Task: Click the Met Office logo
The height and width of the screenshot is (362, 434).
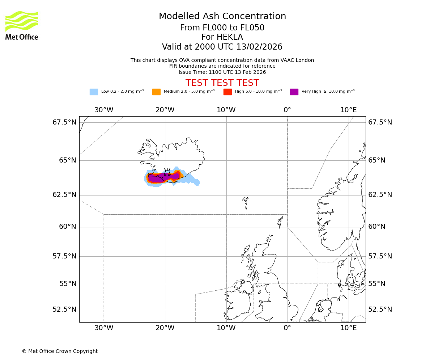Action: click(x=22, y=25)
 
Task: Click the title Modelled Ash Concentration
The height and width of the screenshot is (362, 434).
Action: click(x=222, y=17)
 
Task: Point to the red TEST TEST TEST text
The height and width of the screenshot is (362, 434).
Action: click(x=222, y=83)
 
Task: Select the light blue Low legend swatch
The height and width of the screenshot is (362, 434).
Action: click(x=94, y=92)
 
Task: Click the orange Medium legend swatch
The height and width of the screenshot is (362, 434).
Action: click(x=156, y=92)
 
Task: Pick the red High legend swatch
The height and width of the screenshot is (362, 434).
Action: click(x=227, y=92)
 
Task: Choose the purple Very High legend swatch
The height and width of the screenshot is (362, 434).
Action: click(x=294, y=92)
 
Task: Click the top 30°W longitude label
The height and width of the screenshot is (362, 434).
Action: click(x=104, y=110)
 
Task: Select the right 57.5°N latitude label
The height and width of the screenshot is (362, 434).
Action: click(x=380, y=256)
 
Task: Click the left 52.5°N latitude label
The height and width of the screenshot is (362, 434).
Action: click(x=64, y=310)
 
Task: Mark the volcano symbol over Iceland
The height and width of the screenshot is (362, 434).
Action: click(x=167, y=172)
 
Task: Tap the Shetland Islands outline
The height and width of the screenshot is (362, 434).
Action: click(x=280, y=222)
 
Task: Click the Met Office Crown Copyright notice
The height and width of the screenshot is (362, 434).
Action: click(x=60, y=351)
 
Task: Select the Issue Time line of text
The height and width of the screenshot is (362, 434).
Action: click(x=222, y=72)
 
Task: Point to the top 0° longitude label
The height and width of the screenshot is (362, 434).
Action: click(x=287, y=110)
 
